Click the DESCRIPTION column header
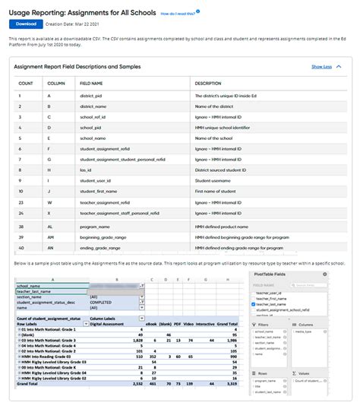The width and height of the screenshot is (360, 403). coord(208,82)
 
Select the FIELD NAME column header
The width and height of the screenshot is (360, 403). coord(92,82)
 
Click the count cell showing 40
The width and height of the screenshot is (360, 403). coord(26,247)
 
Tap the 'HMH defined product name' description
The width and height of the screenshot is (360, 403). coord(221,226)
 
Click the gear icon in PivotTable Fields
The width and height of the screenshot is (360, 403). coord(325,274)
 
